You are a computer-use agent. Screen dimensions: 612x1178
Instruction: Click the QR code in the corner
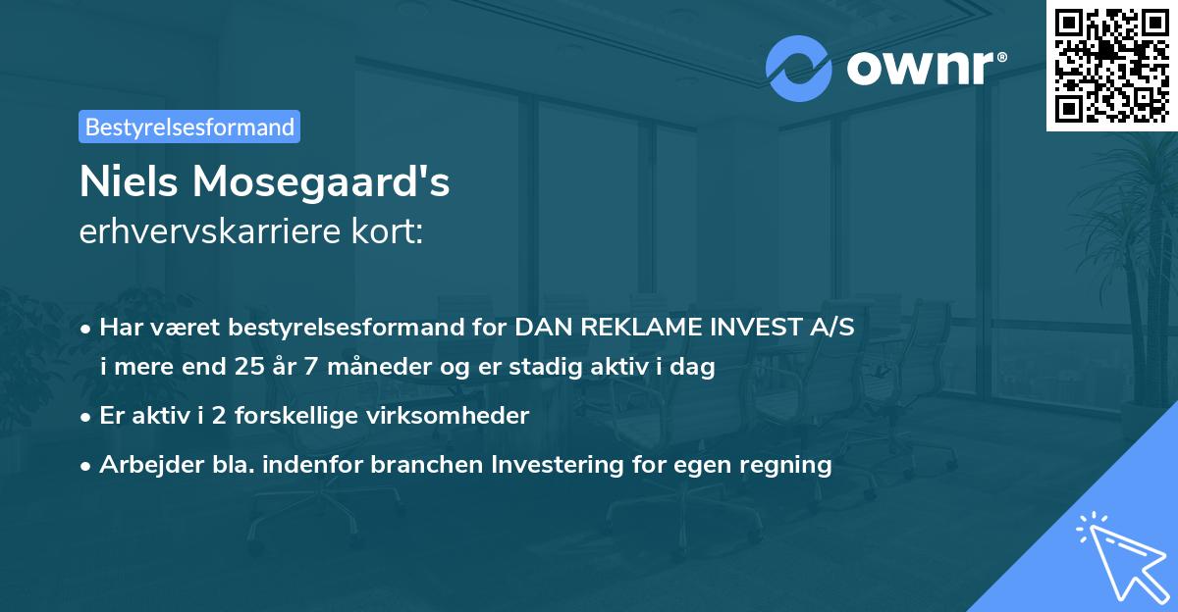(1111, 65)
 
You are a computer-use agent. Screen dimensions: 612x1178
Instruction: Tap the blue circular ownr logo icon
(797, 68)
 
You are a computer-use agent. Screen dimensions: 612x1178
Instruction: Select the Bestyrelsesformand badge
(189, 127)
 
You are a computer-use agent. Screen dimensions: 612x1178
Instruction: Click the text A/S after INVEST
(830, 328)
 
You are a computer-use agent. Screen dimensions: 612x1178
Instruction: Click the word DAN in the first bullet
(542, 328)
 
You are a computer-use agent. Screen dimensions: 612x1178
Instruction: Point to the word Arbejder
(143, 465)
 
